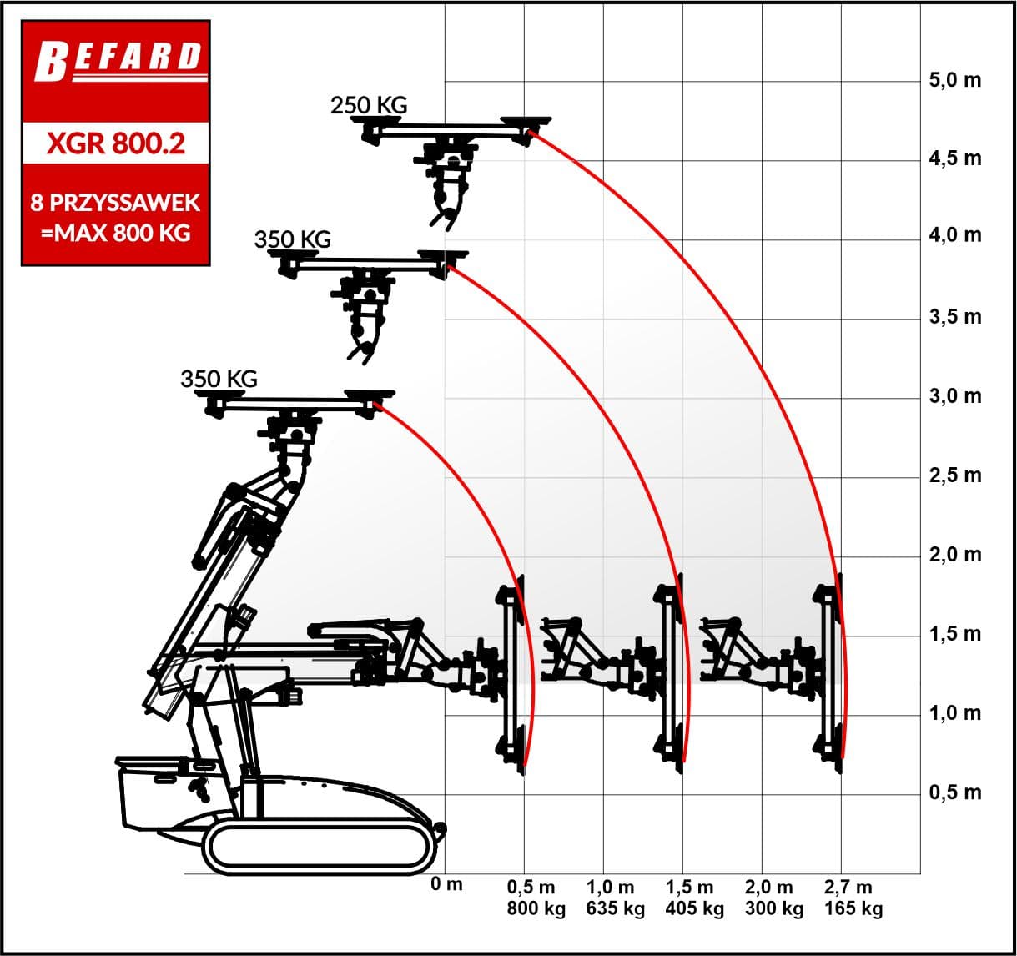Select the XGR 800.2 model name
pos(116,143)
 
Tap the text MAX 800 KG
pos(123,233)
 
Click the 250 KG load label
pos(369,105)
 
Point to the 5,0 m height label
pos(955,80)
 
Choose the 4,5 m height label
pos(955,159)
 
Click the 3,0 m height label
pos(955,396)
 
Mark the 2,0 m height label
pos(955,555)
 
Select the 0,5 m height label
pos(955,792)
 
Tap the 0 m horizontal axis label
pos(446,883)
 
